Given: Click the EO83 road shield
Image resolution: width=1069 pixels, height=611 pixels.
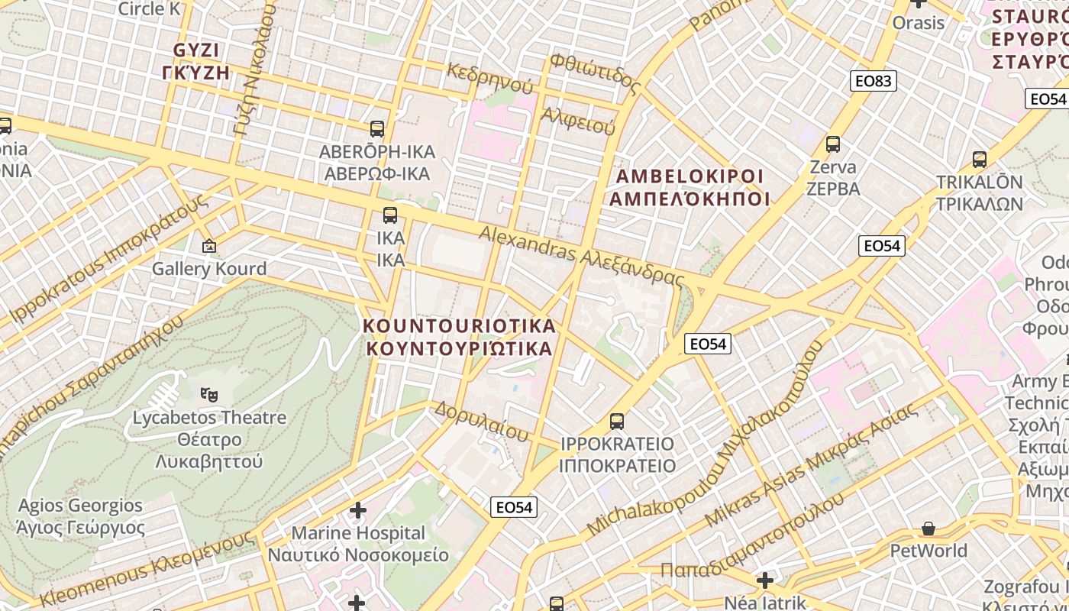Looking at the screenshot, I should [x=874, y=81].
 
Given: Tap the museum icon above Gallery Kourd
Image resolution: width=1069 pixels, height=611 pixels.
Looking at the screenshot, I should [x=208, y=246].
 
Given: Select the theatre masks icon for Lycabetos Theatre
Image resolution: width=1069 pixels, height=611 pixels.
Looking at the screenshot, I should [x=208, y=395].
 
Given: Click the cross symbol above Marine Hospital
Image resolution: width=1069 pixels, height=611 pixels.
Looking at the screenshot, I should [x=357, y=510].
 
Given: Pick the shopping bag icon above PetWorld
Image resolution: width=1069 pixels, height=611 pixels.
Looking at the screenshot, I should [x=929, y=529].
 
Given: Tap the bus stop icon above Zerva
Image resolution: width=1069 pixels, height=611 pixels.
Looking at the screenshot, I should [x=833, y=144].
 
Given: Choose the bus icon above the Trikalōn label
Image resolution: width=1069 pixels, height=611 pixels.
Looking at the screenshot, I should [x=980, y=160].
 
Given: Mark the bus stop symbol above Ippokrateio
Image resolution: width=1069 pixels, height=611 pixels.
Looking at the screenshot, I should [x=617, y=421].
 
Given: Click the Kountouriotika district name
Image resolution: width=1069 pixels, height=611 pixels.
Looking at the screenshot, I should [x=459, y=337].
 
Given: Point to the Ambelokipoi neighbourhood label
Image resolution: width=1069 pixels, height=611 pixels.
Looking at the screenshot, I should [x=690, y=188].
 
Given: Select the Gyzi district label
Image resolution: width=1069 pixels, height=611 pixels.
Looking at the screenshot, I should [x=196, y=61].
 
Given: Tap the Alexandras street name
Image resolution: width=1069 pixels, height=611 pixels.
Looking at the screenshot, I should [x=580, y=256].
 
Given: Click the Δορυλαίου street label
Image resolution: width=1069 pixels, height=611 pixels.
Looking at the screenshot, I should [x=481, y=422].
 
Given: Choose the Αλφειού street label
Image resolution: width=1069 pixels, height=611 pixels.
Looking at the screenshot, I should [x=577, y=121].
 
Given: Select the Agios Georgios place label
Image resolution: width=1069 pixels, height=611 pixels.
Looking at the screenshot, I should [x=80, y=516].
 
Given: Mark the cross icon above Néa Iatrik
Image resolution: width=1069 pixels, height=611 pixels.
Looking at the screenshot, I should [x=764, y=580].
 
